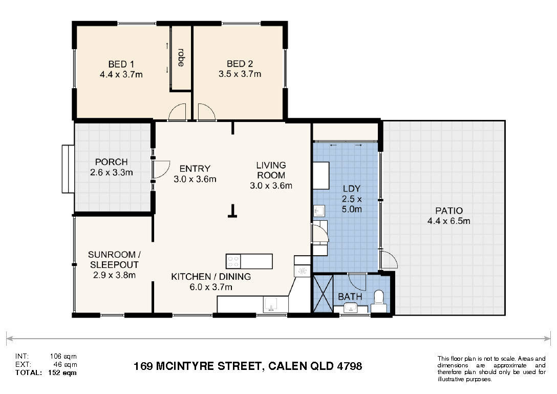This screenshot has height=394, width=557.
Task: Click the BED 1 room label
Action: click(121, 65)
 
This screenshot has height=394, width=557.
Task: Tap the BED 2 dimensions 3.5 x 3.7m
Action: click(240, 74)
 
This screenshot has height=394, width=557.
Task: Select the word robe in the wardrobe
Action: click(181, 57)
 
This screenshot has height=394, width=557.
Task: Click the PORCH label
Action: click(111, 162)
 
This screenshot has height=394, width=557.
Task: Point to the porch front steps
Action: click(68, 169)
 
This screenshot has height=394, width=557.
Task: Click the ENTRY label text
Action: click(195, 169)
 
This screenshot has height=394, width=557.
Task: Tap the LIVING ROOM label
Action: click(271, 170)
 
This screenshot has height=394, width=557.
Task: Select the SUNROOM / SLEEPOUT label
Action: click(114, 260)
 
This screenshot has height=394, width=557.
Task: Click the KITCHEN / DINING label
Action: click(211, 277)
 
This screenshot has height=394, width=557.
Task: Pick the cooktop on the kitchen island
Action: click(233, 261)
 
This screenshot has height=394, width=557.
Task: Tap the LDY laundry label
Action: click(352, 189)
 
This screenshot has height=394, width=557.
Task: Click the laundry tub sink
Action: click(319, 211)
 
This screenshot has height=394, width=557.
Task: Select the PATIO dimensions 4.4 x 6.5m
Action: click(448, 221)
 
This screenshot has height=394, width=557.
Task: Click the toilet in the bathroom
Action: click(379, 301)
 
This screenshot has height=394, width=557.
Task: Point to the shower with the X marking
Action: click(323, 294)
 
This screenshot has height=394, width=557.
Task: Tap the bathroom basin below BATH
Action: click(351, 307)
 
